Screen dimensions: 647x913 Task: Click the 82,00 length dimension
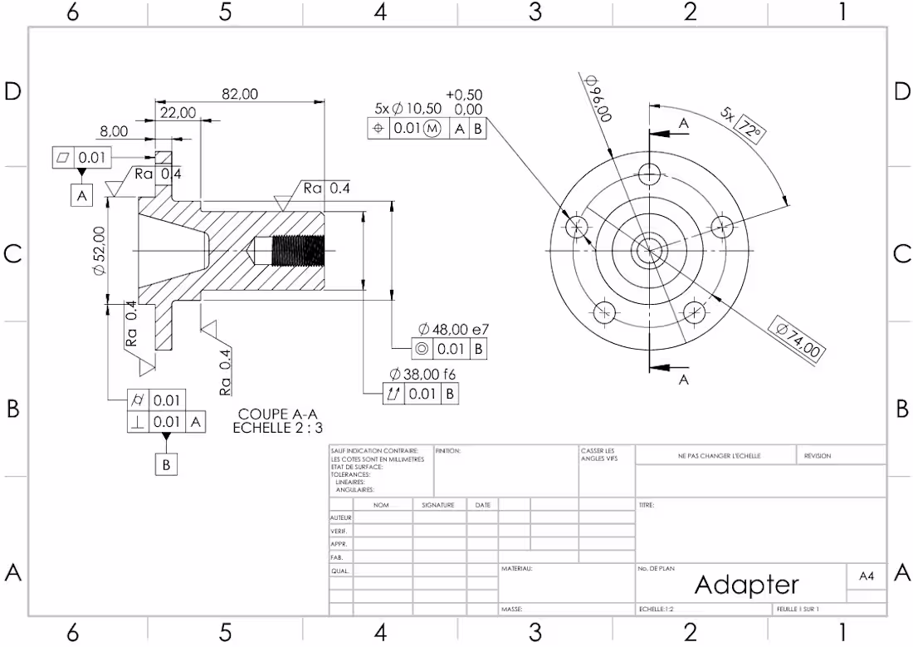tap(240, 95)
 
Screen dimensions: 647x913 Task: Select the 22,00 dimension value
tap(178, 112)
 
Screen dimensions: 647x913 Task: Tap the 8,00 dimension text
tap(114, 131)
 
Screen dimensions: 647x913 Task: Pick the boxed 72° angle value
tap(749, 130)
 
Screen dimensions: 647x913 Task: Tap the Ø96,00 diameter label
tap(598, 99)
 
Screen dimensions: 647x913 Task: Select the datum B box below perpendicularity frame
tap(166, 464)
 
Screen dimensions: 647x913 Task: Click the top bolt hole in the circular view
tap(650, 174)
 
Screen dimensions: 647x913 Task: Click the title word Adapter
tap(746, 585)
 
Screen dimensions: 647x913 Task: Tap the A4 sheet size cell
tap(866, 575)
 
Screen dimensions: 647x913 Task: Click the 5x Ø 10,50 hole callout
tap(408, 109)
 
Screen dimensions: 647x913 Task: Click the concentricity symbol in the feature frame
tap(422, 349)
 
